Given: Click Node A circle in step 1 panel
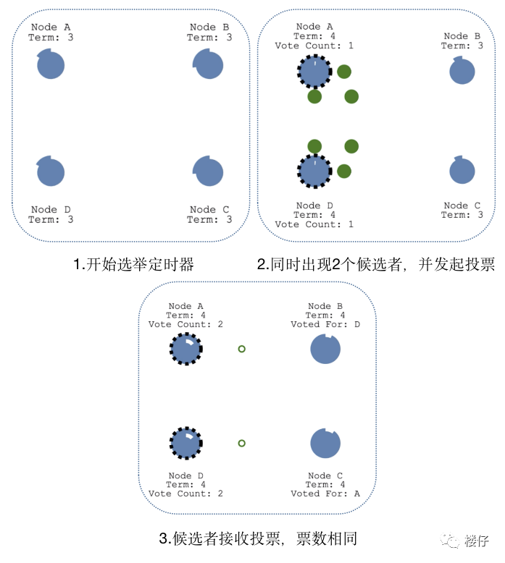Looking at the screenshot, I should [x=51, y=65].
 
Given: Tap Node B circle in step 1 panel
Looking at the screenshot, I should [x=209, y=65].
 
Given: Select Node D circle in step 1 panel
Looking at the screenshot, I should [x=51, y=172].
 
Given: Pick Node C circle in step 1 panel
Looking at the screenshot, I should [x=209, y=172].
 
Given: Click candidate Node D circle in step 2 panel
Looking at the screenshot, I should [x=314, y=172].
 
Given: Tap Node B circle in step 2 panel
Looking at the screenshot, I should [x=462, y=71].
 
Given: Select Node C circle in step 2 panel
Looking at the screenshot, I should [x=462, y=171].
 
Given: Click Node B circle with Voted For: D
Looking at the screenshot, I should [x=325, y=350].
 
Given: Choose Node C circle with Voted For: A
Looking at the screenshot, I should [x=325, y=443].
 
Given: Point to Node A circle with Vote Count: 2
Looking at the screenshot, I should [x=186, y=350].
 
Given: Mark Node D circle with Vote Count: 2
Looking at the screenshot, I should [x=186, y=443].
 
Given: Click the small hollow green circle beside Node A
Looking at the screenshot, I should [x=242, y=349].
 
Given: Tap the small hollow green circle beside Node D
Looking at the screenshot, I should [x=242, y=443].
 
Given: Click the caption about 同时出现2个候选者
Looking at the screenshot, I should [x=376, y=265].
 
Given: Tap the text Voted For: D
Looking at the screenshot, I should [x=325, y=324].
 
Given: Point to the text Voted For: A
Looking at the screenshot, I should [x=325, y=494].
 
